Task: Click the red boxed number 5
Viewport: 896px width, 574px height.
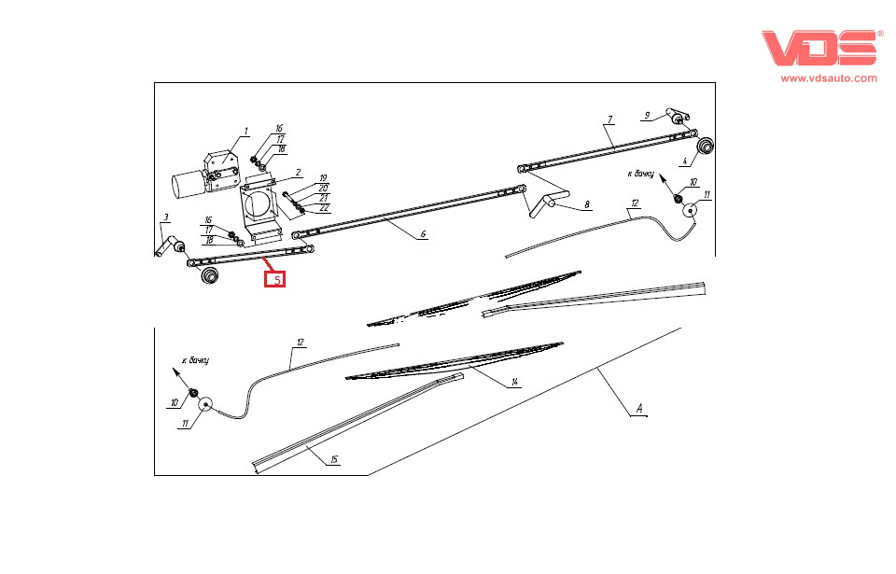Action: [274, 280]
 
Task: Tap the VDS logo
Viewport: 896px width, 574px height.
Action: [819, 48]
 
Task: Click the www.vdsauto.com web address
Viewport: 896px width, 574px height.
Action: [829, 78]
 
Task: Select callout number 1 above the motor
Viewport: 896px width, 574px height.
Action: [246, 132]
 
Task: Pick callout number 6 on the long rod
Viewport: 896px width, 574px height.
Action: [423, 234]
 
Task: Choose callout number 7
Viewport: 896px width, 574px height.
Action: [609, 119]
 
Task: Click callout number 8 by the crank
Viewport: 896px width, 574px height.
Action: [587, 204]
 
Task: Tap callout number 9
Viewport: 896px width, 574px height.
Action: [647, 116]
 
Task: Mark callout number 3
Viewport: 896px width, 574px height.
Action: [166, 217]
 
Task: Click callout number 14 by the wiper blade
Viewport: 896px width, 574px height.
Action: [514, 382]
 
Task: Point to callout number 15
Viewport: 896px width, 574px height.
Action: [334, 459]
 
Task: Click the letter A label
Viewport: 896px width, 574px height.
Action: [639, 408]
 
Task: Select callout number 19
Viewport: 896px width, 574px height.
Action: [323, 178]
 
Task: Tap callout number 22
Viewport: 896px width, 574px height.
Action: [324, 208]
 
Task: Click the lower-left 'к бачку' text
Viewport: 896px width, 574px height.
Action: [195, 360]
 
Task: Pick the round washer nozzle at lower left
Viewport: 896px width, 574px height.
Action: [204, 405]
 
